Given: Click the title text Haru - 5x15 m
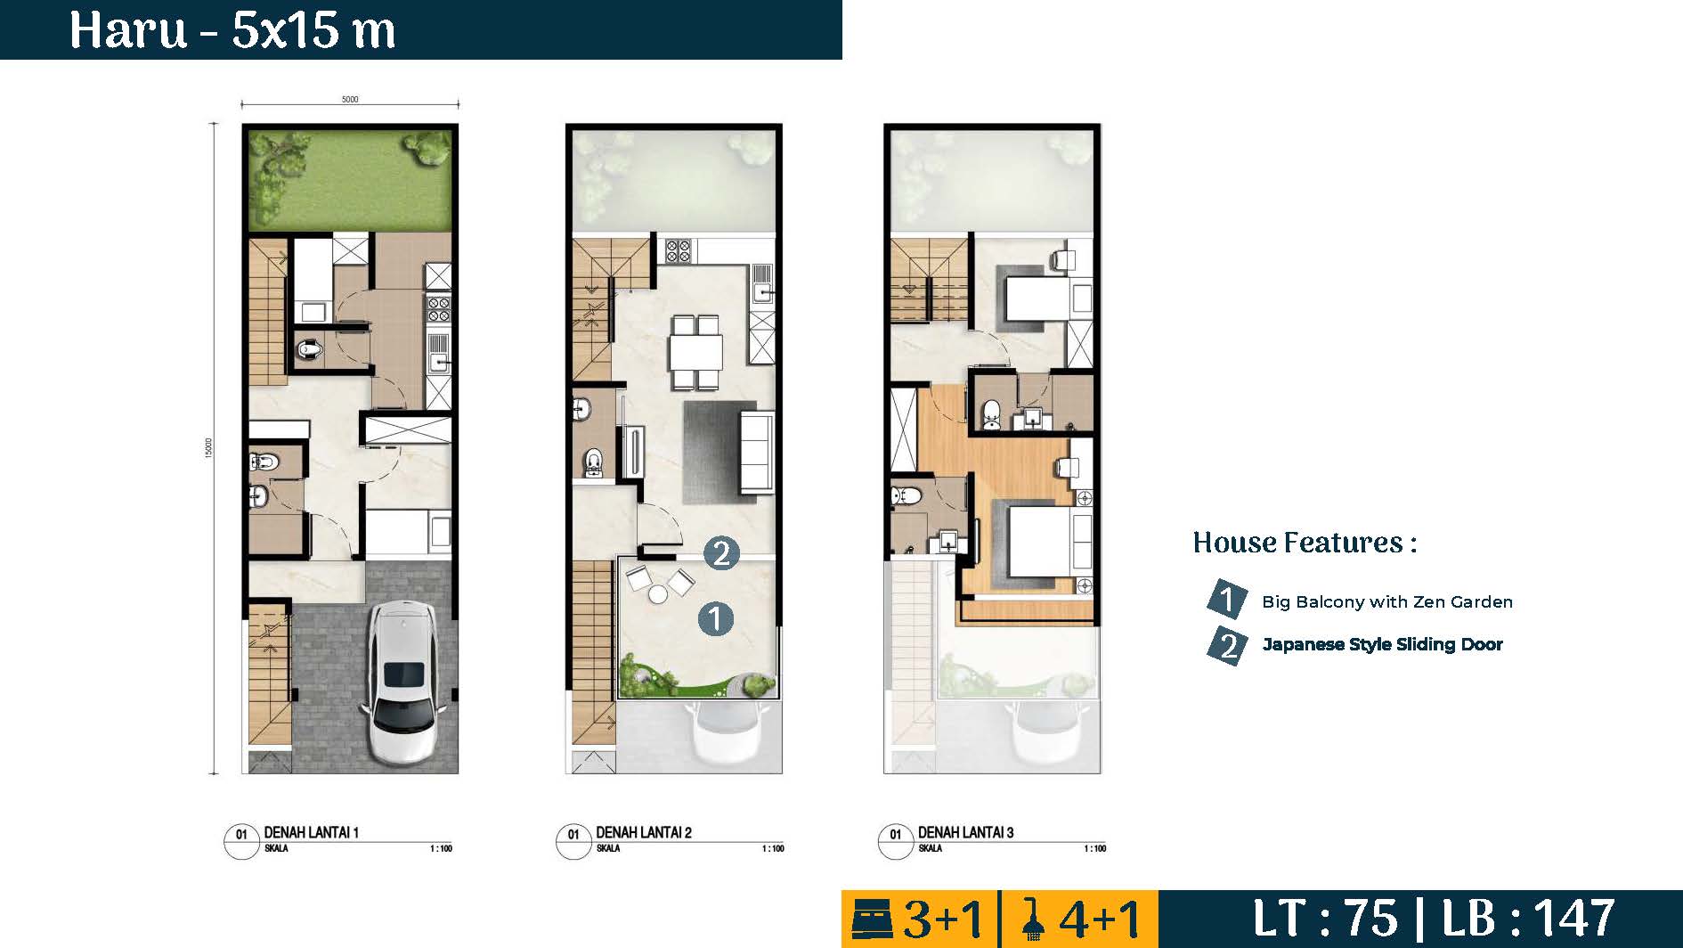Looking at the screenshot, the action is [x=232, y=30].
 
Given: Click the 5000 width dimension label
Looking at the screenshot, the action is [x=350, y=100].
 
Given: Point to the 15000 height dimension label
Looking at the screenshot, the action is [x=208, y=448].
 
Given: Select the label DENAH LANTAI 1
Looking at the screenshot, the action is [x=311, y=832].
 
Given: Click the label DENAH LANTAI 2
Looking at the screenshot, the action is [x=643, y=832].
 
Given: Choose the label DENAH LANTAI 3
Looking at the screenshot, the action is [x=965, y=832].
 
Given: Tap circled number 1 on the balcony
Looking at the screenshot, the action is [x=716, y=617].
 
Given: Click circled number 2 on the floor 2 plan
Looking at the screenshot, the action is [x=721, y=552].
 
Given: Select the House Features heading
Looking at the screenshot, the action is [x=1305, y=542].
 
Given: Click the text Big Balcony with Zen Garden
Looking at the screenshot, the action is [x=1386, y=601].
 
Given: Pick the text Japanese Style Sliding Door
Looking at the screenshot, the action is [x=1382, y=644].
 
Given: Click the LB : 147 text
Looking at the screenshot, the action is [x=1528, y=918].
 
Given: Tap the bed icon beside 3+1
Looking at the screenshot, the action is [x=874, y=919].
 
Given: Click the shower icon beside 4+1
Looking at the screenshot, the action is [x=1033, y=919].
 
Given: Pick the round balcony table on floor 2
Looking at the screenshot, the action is [x=657, y=593].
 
